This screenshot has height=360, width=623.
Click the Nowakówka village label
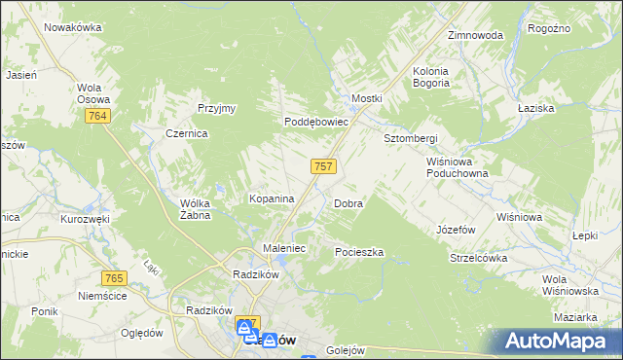pyautogui.click(x=73, y=27)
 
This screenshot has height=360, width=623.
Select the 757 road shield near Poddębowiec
pyautogui.click(x=324, y=166)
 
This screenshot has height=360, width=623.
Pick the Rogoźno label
pyautogui.click(x=548, y=29)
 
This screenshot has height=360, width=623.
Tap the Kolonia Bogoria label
pyautogui.click(x=444, y=77)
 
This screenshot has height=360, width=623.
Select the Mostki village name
pyautogui.click(x=366, y=99)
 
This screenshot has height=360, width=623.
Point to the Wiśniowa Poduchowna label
pyautogui.click(x=456, y=167)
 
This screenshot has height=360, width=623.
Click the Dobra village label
pyautogui.click(x=348, y=204)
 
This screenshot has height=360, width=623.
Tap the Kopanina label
pyautogui.click(x=272, y=198)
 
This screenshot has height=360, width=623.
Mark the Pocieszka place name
pyautogui.click(x=359, y=252)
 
